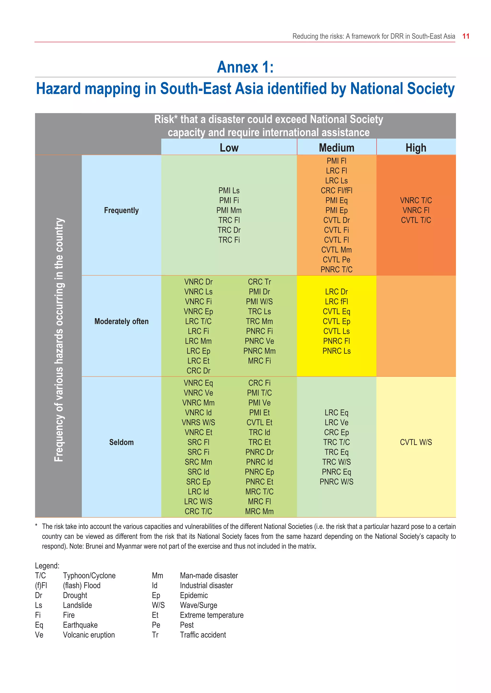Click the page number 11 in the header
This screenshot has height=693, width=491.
click(x=466, y=36)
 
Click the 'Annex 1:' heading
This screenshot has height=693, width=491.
click(x=245, y=67)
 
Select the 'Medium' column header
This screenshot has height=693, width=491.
click(x=337, y=148)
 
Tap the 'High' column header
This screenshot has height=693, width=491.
click(x=416, y=148)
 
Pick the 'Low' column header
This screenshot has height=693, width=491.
click(x=229, y=148)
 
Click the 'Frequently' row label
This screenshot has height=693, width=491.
click(x=121, y=210)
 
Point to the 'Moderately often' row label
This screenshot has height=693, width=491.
click(x=121, y=321)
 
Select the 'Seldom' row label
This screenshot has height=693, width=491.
click(x=121, y=442)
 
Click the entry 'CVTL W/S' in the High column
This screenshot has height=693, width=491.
click(x=416, y=442)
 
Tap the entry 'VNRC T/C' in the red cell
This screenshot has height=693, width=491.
click(x=416, y=201)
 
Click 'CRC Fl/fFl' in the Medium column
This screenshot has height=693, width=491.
click(x=337, y=190)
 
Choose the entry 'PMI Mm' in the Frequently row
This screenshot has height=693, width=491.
click(x=229, y=210)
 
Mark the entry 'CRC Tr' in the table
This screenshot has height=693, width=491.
click(x=259, y=282)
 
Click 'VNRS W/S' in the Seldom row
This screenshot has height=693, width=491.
click(x=198, y=422)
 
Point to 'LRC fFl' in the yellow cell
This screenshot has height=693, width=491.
click(x=337, y=302)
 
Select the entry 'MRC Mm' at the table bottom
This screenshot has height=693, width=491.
click(x=259, y=511)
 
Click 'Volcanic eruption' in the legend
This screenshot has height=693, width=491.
click(x=88, y=635)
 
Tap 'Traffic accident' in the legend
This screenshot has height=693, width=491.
click(x=203, y=635)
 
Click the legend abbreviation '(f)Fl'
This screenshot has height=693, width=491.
click(x=41, y=585)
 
